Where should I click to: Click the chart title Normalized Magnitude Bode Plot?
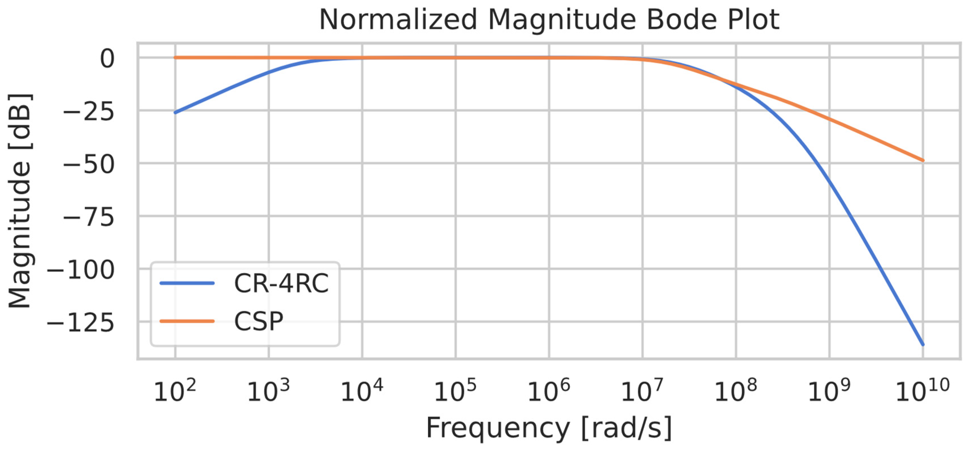(x=549, y=20)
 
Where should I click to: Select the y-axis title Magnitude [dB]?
(x=20, y=201)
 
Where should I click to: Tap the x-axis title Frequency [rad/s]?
(x=549, y=428)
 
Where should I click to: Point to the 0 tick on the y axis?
(x=107, y=59)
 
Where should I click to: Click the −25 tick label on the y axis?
(x=89, y=112)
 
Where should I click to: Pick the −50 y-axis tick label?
(x=89, y=165)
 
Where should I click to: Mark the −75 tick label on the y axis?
(x=89, y=218)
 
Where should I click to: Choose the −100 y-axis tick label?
(x=80, y=270)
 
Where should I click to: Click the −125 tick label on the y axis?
(x=80, y=323)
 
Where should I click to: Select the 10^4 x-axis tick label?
(x=362, y=391)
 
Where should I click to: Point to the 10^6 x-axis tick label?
(x=549, y=391)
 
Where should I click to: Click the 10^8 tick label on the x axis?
(x=735, y=391)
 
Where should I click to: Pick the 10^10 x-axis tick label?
(x=923, y=391)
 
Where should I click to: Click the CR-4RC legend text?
(x=281, y=283)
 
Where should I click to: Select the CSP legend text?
(x=258, y=321)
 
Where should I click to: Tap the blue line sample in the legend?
(x=187, y=283)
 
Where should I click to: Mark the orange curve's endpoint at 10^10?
(x=923, y=161)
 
